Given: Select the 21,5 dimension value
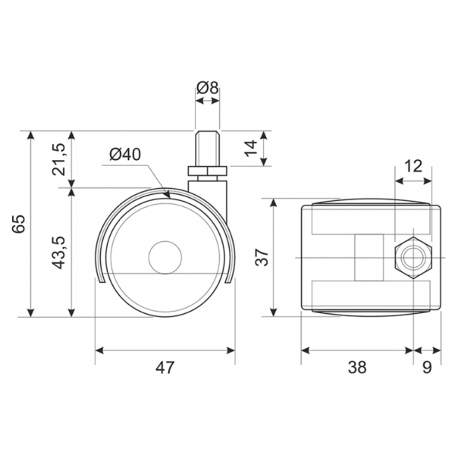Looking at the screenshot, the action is [x=59, y=159].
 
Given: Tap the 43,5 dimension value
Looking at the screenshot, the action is [x=58, y=253].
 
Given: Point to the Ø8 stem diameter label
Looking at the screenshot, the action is [x=207, y=88].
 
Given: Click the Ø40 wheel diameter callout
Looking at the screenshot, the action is [x=125, y=154].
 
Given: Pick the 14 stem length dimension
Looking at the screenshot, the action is [x=251, y=148].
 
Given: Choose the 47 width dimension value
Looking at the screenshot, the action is [x=165, y=367].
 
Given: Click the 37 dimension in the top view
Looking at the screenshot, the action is [x=262, y=257].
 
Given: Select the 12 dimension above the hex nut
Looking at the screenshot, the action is [x=413, y=166].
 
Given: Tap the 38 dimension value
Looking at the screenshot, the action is [x=357, y=367].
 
